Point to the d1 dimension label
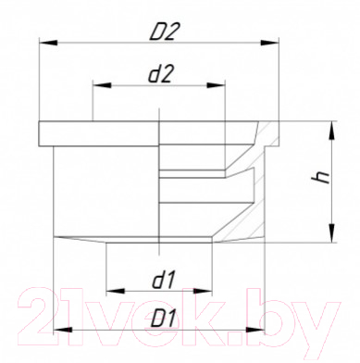[x=163, y=276]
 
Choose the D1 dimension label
[x=163, y=318]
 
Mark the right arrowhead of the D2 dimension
[x=276, y=43]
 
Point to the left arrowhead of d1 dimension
[x=110, y=288]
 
